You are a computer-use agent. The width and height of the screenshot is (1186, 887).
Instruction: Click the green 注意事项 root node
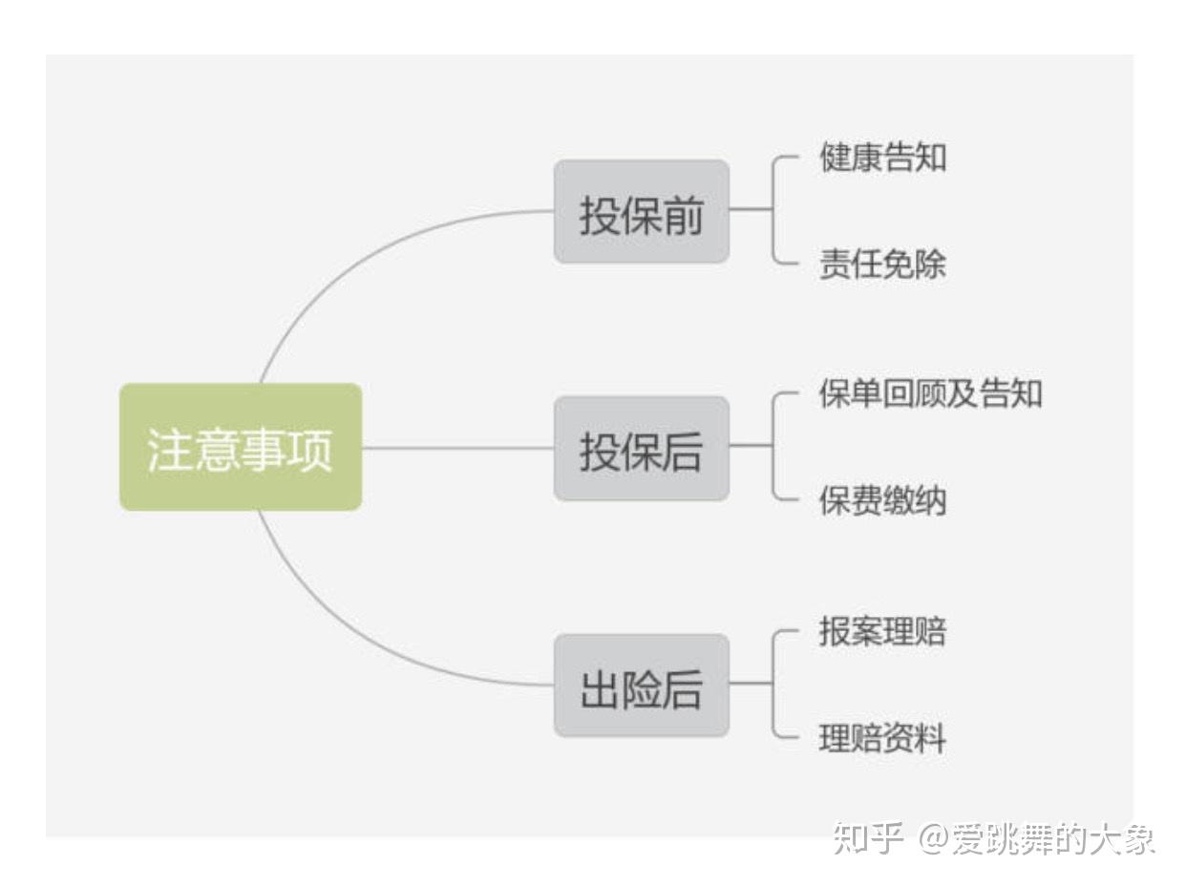[x=241, y=447]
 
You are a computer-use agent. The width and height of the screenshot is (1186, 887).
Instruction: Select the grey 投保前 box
[x=642, y=211]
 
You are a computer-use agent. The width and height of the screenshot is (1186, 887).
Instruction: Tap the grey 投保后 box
[x=642, y=449]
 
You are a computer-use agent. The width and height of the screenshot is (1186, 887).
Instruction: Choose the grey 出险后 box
[x=642, y=685]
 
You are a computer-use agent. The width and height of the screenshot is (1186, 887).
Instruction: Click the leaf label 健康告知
[x=883, y=158]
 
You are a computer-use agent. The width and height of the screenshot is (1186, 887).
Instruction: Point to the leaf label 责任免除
[x=883, y=264]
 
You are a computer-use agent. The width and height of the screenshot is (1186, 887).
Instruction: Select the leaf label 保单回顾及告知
[x=930, y=393]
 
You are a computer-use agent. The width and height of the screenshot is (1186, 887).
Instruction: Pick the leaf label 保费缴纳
[x=883, y=500]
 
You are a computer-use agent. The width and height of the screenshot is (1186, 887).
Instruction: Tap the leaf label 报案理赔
[x=883, y=631]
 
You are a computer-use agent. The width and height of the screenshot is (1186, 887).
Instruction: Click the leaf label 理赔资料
[x=883, y=738]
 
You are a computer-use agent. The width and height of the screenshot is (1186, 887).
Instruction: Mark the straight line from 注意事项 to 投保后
[x=458, y=448]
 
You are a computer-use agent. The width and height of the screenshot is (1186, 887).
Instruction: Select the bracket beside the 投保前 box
[x=773, y=210]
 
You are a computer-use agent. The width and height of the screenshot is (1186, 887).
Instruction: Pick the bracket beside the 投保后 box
[x=773, y=446]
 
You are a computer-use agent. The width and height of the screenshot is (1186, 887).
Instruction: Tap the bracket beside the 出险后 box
[x=773, y=684]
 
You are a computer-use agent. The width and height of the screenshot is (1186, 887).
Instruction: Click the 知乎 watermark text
[x=868, y=838]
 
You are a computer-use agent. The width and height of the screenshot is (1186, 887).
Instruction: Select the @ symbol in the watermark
[x=934, y=839]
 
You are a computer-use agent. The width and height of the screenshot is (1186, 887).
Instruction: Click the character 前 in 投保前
[x=683, y=216]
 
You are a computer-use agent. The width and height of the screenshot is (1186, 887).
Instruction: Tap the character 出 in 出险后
[x=600, y=689]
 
